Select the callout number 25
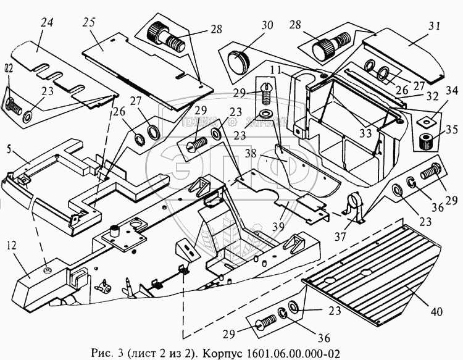(89, 23)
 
